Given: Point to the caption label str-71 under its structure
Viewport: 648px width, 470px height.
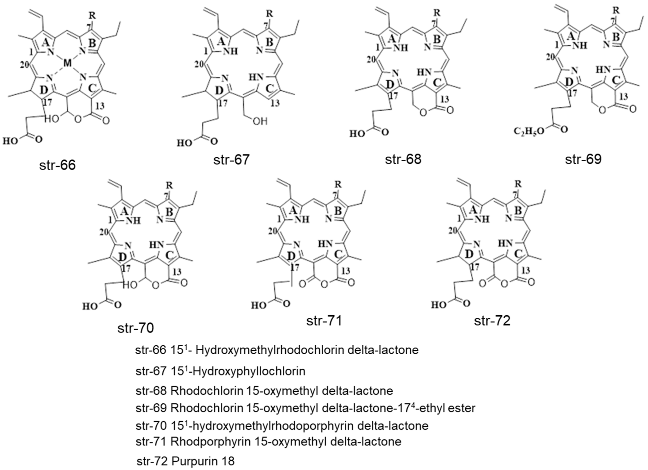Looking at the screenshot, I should [x=324, y=321].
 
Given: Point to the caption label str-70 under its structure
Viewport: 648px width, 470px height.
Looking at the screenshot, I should [x=135, y=328].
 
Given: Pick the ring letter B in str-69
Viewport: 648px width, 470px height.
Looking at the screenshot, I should [x=616, y=37].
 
